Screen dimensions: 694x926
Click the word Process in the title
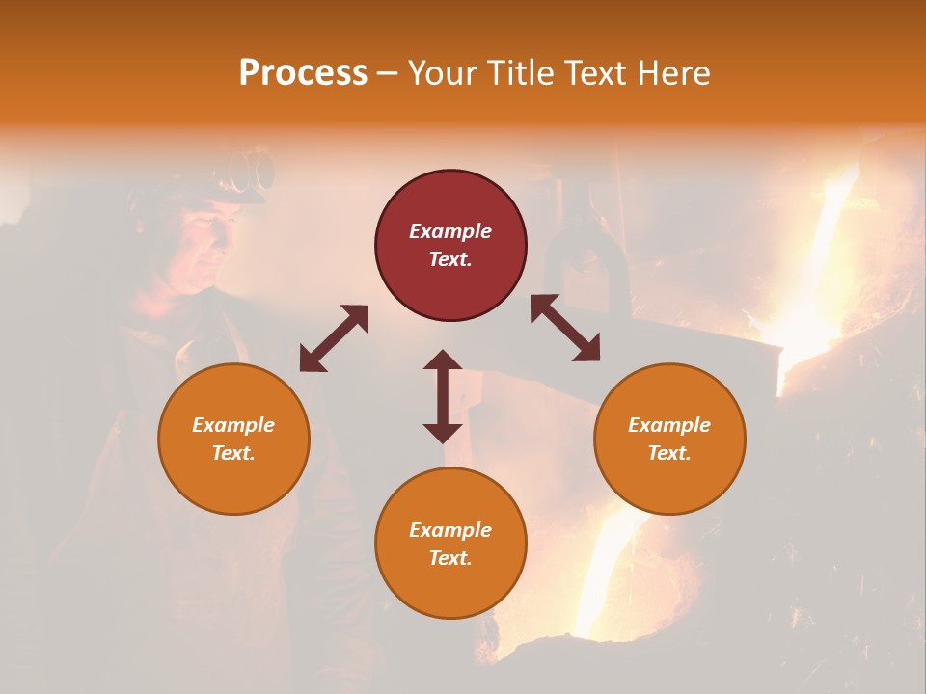pyautogui.click(x=303, y=73)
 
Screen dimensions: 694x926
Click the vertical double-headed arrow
pyautogui.click(x=443, y=396)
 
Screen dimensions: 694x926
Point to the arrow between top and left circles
pyautogui.click(x=334, y=338)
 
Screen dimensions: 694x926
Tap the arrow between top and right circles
pyautogui.click(x=565, y=329)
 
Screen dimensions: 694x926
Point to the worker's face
pyautogui.click(x=207, y=241)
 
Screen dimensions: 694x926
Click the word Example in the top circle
pyautogui.click(x=450, y=231)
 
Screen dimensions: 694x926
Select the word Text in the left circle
pyautogui.click(x=233, y=453)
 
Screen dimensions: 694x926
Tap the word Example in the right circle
pyautogui.click(x=669, y=425)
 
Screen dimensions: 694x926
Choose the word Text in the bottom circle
pyautogui.click(x=450, y=558)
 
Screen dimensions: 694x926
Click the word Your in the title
pyautogui.click(x=443, y=73)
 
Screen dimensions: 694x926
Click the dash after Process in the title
pyautogui.click(x=388, y=73)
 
